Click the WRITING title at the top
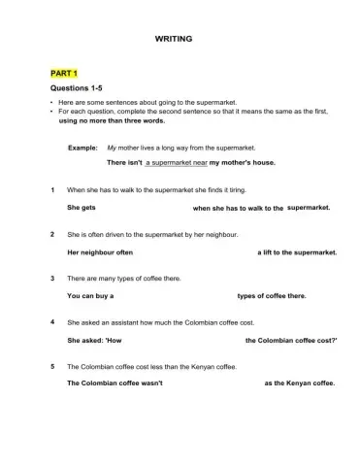tap(174, 38)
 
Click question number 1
tap(51, 190)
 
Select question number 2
tap(51, 235)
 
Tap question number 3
tap(51, 279)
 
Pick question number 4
tap(51, 322)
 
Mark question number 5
tap(51, 367)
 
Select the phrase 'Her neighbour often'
tap(99, 252)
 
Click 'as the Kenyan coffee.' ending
tap(299, 383)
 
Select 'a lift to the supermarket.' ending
tap(297, 252)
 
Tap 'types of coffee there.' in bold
tap(272, 296)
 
